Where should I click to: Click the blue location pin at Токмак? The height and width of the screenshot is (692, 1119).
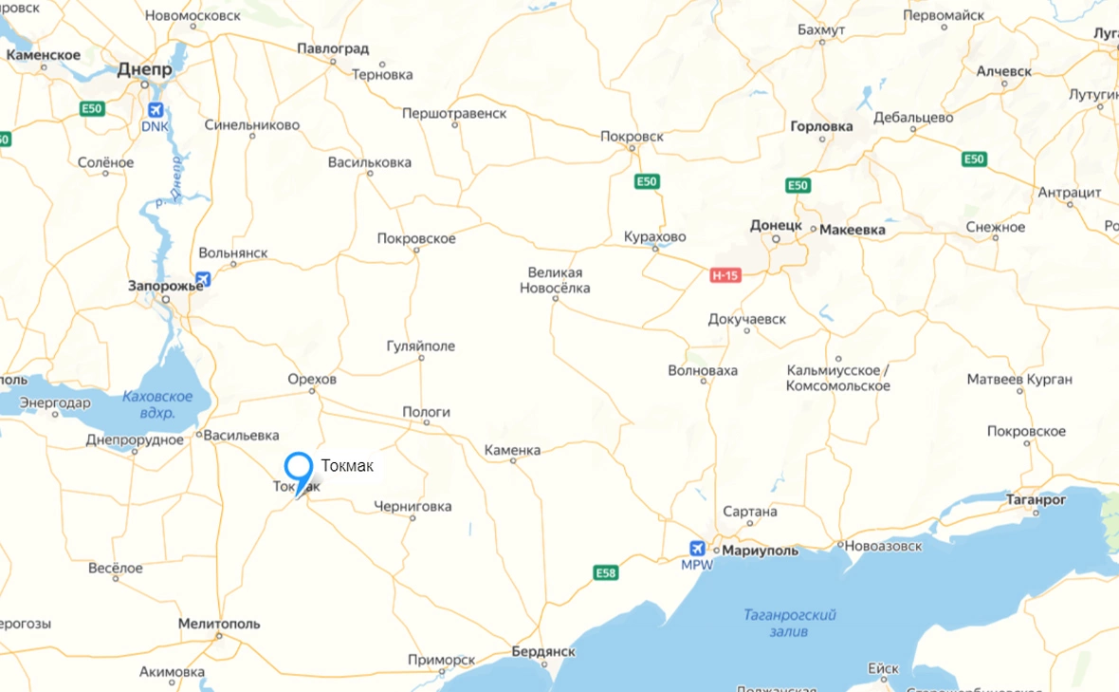(299, 469)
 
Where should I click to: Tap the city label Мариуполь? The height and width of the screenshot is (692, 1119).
(761, 551)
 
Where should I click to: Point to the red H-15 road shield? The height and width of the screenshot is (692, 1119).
(725, 275)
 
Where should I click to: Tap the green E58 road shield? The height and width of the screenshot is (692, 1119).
(606, 572)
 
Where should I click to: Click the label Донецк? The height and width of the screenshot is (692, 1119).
(776, 226)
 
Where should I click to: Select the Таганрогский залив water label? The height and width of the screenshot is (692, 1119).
(789, 623)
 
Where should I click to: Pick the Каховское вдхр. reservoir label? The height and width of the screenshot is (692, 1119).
(157, 404)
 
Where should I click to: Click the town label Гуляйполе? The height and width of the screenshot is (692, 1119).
(421, 346)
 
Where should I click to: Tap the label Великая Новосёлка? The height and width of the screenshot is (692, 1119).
(555, 280)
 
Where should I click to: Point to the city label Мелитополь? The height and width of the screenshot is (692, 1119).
(219, 625)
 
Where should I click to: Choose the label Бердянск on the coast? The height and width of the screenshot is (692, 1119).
(543, 652)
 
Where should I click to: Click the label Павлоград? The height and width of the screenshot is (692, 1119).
(333, 48)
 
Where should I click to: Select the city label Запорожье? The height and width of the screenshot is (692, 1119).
(167, 285)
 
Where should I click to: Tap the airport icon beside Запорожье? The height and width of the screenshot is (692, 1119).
(202, 279)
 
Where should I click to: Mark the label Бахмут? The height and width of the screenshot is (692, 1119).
(821, 30)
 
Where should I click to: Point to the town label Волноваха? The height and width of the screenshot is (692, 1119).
(703, 370)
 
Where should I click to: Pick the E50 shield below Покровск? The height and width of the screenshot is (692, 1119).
(647, 181)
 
